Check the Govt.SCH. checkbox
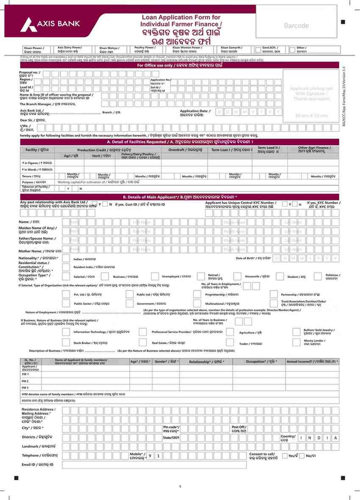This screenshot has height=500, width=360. [x=258, y=50]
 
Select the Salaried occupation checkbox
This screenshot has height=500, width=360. [x=66, y=276]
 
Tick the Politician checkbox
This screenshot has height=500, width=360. [x=316, y=276]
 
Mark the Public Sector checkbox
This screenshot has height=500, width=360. [x=66, y=303]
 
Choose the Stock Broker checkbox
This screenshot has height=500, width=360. [x=66, y=342]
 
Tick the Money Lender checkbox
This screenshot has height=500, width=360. [x=296, y=342]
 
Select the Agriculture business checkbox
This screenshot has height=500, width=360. [x=230, y=332]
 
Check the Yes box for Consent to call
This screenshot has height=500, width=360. [x=284, y=456]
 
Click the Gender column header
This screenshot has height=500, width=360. [x=166, y=362]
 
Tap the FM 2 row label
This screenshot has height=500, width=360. [x=25, y=381]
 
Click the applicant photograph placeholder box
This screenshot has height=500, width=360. [x=311, y=95]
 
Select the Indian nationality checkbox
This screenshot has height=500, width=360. [x=66, y=258]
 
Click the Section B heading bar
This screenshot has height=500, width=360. [x=180, y=197]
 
